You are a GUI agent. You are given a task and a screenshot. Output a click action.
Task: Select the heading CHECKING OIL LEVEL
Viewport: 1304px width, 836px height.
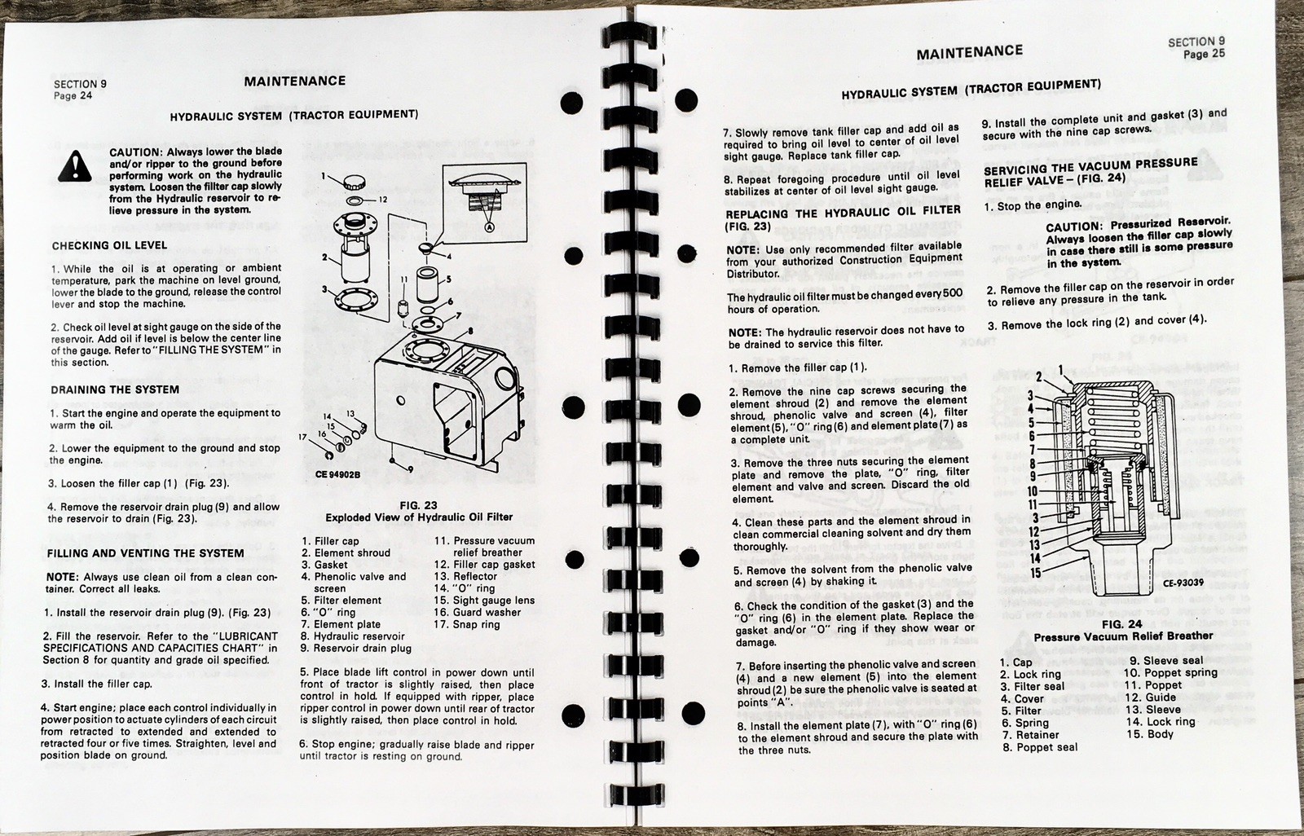[109, 245]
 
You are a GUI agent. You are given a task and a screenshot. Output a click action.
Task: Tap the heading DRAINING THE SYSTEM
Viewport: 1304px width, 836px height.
[115, 389]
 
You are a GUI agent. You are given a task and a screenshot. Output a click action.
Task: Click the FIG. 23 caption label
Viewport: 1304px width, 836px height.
[419, 504]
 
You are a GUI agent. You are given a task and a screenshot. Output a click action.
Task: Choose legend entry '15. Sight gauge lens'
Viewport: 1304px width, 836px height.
[484, 601]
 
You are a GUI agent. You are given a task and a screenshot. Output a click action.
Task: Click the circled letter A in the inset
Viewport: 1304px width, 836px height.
[490, 228]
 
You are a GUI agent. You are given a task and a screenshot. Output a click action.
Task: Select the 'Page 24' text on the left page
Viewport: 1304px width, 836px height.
[73, 95]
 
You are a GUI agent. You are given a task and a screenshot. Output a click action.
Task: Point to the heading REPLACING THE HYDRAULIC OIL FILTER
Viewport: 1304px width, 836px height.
[844, 214]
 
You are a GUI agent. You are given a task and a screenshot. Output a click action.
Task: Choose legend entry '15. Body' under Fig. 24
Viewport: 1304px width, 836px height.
[1150, 734]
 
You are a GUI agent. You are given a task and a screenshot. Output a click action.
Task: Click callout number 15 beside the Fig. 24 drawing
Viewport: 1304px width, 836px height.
[1034, 573]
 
